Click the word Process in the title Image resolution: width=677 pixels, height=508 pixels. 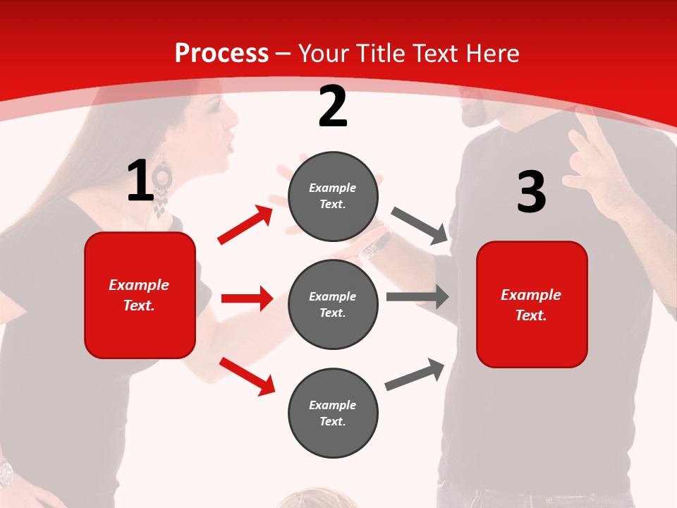pyautogui.click(x=221, y=54)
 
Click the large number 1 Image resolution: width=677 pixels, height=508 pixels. pyautogui.click(x=140, y=181)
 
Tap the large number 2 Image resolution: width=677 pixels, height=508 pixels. pyautogui.click(x=333, y=107)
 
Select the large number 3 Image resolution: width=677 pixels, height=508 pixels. pyautogui.click(x=531, y=193)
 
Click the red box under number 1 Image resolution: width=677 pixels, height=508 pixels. pyautogui.click(x=140, y=295)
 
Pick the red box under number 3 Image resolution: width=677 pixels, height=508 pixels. pyautogui.click(x=532, y=304)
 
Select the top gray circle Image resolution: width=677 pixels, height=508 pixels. pyautogui.click(x=333, y=195)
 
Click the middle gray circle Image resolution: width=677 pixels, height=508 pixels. pyautogui.click(x=333, y=304)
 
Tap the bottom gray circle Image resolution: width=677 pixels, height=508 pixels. pyautogui.click(x=333, y=413)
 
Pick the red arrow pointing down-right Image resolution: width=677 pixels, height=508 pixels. pyautogui.click(x=247, y=376)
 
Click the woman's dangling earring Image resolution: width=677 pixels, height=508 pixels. pyautogui.click(x=162, y=185)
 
